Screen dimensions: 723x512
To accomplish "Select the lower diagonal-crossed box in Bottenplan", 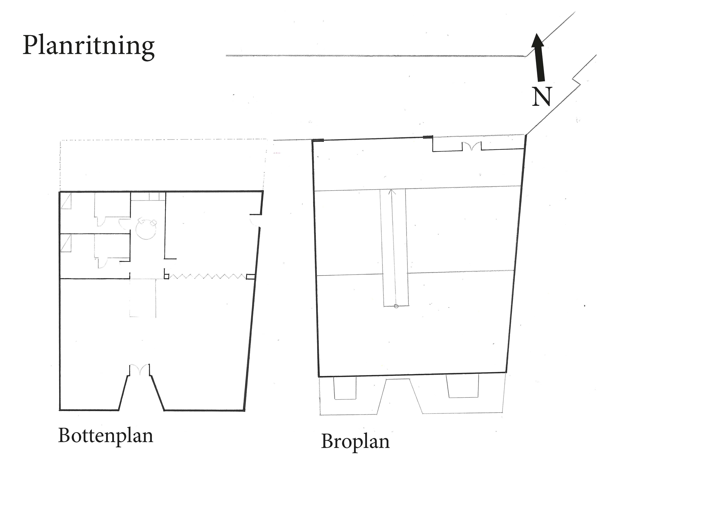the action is click(66, 243).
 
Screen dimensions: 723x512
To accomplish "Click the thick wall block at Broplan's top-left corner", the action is click(317, 140).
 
